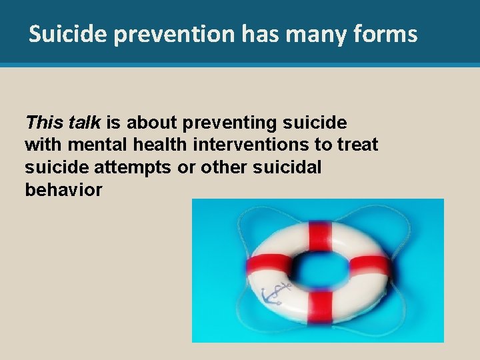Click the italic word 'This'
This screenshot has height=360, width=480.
(x=43, y=122)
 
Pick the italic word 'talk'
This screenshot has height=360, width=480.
(x=84, y=122)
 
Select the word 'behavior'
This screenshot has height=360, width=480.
(x=63, y=190)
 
